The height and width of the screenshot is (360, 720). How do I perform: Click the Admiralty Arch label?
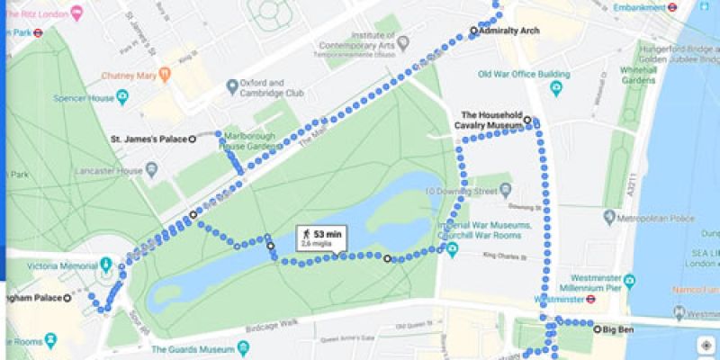coord(509,31)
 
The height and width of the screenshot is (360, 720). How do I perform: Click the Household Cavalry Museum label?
coord(491,121)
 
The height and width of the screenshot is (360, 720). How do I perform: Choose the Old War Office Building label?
coord(524,75)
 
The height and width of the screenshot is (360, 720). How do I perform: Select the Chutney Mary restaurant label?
coord(130,75)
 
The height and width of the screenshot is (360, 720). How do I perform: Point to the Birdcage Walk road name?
coord(274,322)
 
